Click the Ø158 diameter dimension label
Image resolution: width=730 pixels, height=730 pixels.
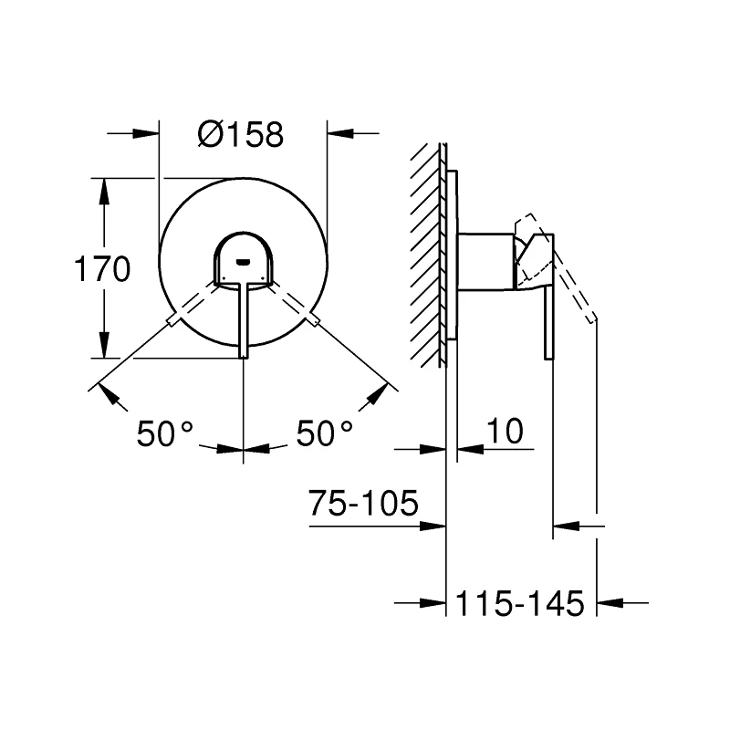(x=240, y=134)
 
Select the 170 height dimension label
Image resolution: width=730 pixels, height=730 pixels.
(x=102, y=268)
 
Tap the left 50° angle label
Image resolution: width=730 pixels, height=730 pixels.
(x=164, y=433)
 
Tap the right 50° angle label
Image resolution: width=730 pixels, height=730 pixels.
(x=324, y=433)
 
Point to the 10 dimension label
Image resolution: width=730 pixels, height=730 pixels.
(x=506, y=431)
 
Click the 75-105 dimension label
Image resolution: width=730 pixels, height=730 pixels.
(x=363, y=503)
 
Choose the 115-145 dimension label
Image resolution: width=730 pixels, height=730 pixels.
(x=519, y=603)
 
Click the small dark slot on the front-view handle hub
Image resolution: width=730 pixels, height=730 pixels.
(x=243, y=262)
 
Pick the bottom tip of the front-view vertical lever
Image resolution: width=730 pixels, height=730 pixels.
(x=244, y=358)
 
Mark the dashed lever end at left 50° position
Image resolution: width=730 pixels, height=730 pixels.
(x=172, y=320)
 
